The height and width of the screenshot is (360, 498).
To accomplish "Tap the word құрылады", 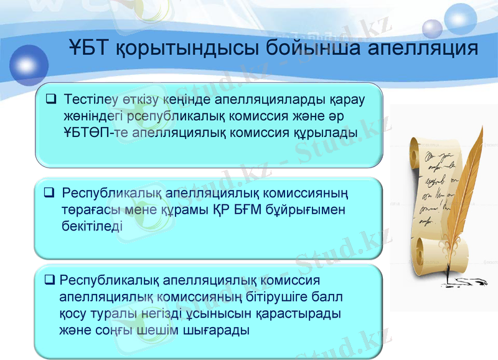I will (326, 132).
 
